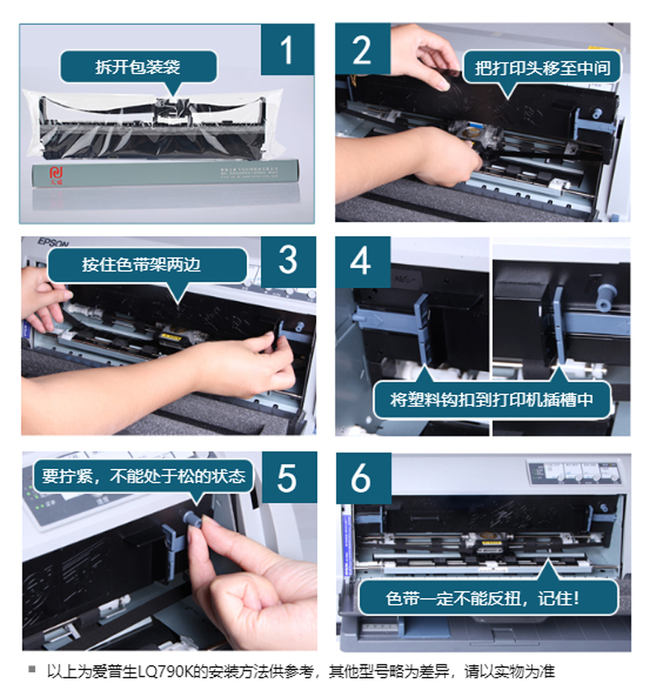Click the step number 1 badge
288,50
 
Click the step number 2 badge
363,49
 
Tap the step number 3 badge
288,262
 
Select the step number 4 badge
363,263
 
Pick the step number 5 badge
289,477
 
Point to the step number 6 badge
364,478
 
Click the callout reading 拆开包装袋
138,67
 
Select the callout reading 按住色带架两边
147,265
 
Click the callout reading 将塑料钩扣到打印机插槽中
491,399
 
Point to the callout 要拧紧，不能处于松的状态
143,476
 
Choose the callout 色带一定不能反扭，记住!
488,598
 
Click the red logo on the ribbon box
56,175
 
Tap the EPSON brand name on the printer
53,242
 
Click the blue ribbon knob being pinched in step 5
193,519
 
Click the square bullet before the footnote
31,670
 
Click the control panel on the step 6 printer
574,472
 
